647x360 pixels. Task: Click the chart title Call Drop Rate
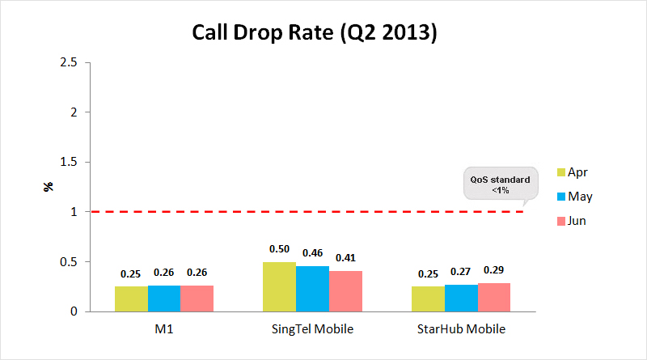point(314,33)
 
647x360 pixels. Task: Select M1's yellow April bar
point(131,299)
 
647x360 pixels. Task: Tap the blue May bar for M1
point(164,299)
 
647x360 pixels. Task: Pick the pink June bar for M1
point(197,299)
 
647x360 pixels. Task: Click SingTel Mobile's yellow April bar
point(280,286)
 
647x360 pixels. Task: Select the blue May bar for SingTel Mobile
point(312,289)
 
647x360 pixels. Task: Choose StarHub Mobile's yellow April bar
point(428,299)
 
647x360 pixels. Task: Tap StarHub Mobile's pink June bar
point(493,297)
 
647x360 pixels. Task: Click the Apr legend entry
point(572,172)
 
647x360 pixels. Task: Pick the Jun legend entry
point(572,221)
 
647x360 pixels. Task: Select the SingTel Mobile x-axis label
point(312,329)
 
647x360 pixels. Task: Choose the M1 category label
point(164,329)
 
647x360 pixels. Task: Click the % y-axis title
point(49,187)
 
